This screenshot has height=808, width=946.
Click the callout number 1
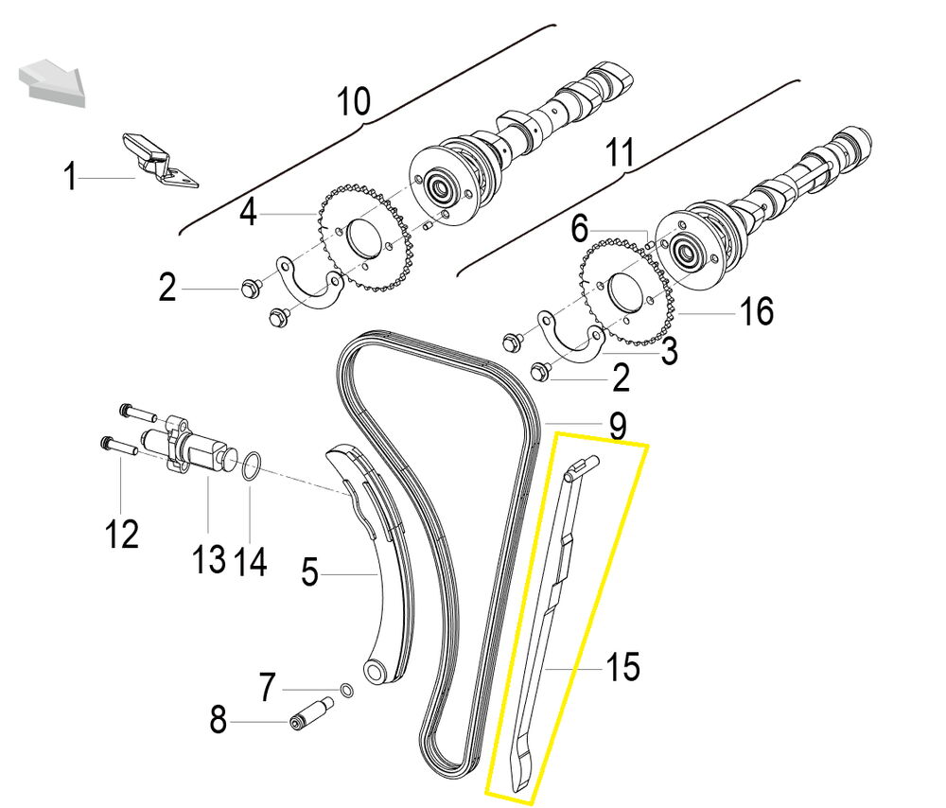click(69, 177)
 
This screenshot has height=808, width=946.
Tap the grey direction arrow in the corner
click(51, 79)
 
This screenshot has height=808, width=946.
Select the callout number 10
click(355, 101)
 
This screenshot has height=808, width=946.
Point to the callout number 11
click(620, 153)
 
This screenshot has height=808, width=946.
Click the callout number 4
click(248, 212)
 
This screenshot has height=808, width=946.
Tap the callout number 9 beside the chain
click(617, 427)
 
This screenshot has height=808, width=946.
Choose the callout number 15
click(622, 668)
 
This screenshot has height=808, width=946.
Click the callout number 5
click(309, 571)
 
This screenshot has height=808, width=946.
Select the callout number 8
click(219, 723)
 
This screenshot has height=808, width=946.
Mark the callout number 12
click(122, 535)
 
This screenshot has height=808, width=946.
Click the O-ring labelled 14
click(250, 465)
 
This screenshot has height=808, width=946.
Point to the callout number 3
click(669, 353)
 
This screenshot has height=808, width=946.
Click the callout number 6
click(580, 228)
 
